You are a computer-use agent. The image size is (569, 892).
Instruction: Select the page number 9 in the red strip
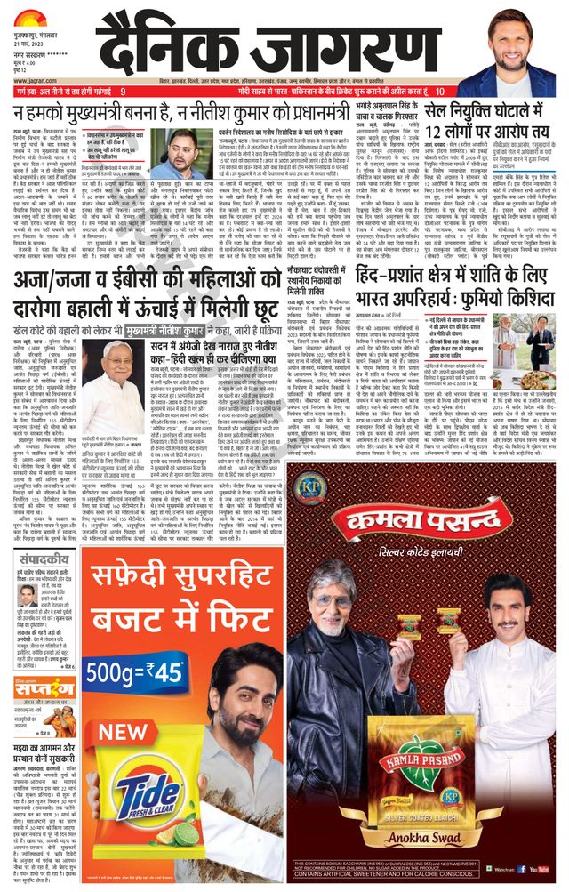tap(124, 91)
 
